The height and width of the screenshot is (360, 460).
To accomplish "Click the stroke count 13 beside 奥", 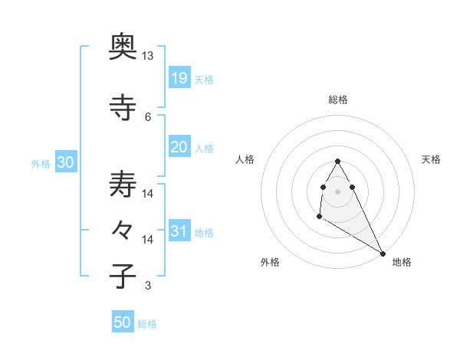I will click(x=147, y=56).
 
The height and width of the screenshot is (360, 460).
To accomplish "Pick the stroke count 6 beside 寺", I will click(x=147, y=116).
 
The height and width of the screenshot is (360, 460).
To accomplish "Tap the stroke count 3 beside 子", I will click(x=147, y=286).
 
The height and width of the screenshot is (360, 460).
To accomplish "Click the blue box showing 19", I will click(x=179, y=77).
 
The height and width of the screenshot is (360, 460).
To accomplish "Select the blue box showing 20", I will click(x=179, y=146).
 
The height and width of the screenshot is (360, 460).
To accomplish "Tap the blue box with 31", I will click(x=179, y=231).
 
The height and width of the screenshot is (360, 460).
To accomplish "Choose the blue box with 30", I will click(x=66, y=162).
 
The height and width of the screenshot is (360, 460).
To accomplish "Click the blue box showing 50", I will click(x=123, y=322).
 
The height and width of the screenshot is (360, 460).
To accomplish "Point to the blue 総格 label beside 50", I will click(x=147, y=324).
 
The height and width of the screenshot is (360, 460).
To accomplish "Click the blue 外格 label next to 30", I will click(x=41, y=163).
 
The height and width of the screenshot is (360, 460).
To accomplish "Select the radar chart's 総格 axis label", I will click(x=338, y=100).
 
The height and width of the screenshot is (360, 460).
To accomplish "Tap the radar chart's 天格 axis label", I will click(x=432, y=159).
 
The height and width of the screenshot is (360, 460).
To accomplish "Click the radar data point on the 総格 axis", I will click(x=338, y=162).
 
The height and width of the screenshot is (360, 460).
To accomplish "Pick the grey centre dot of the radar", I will click(x=338, y=191).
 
